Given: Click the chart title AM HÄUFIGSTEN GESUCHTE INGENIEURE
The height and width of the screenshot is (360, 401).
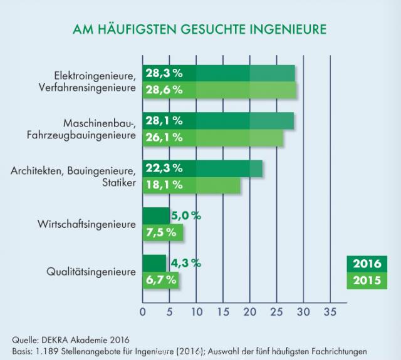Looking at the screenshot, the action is (199, 29).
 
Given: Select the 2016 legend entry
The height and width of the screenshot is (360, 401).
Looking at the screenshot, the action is (367, 264).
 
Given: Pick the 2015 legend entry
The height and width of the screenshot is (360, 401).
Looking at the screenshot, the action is (367, 280).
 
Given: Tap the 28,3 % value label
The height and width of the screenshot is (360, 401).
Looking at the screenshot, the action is (164, 73).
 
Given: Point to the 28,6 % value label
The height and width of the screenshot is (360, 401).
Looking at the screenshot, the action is (164, 90).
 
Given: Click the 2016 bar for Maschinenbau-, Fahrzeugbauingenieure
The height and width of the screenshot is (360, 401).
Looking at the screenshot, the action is (218, 121).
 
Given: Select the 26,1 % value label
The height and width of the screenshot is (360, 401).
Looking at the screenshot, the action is (164, 138).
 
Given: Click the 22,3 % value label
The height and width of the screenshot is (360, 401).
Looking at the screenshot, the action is (164, 168).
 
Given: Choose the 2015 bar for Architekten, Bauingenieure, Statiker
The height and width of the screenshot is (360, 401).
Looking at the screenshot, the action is (191, 185).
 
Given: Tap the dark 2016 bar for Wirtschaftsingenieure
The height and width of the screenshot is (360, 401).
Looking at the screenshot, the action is (156, 216).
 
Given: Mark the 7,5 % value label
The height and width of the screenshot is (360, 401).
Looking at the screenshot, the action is (161, 232).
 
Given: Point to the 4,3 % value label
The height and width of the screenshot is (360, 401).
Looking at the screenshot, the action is (186, 263).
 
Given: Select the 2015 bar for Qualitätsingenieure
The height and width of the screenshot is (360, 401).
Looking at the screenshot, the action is (160, 280).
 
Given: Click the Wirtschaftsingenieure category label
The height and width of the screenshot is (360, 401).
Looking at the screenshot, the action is (86, 224).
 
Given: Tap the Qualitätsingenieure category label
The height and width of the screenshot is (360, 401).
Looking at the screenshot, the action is (91, 272).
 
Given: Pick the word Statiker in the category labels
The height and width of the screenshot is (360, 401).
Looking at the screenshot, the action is (119, 183).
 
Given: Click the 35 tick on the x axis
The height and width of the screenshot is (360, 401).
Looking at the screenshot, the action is (330, 312).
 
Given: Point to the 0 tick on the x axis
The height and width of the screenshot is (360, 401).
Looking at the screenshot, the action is (142, 312).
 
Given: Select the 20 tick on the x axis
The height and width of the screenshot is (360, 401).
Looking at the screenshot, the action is (249, 312).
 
